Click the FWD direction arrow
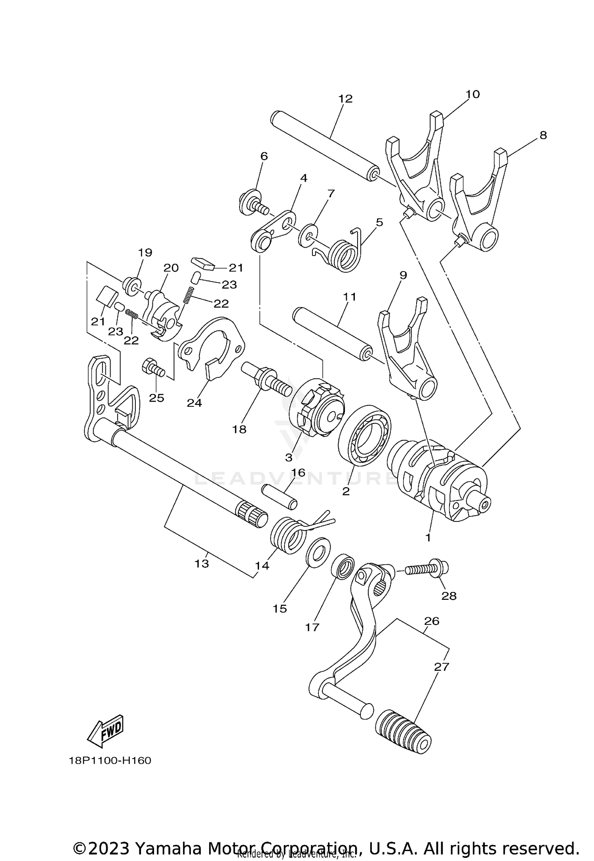tap(106, 731)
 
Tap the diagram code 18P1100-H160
tap(110, 760)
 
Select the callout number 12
tap(345, 99)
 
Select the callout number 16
tap(299, 472)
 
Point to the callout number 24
tap(194, 403)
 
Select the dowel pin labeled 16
tap(279, 497)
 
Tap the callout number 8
tap(543, 135)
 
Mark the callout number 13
tap(202, 563)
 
